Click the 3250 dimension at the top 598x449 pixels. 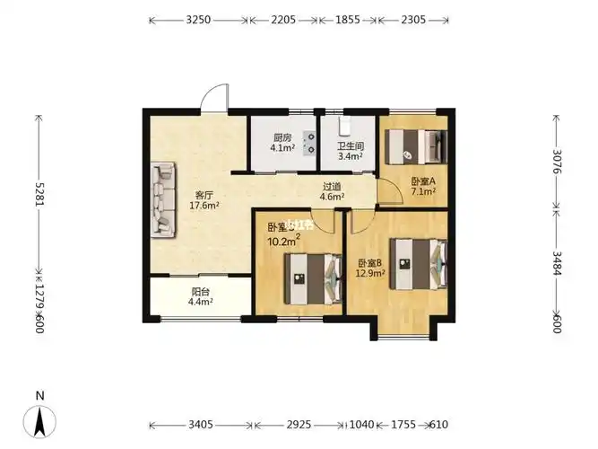tap(198, 19)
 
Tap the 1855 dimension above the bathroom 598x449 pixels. tap(348, 19)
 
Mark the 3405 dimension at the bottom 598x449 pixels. tap(201, 425)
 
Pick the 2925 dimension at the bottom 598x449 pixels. tap(299, 425)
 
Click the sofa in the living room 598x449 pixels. tap(165, 199)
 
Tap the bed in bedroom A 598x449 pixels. tap(413, 144)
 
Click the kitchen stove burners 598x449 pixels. tap(310, 141)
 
